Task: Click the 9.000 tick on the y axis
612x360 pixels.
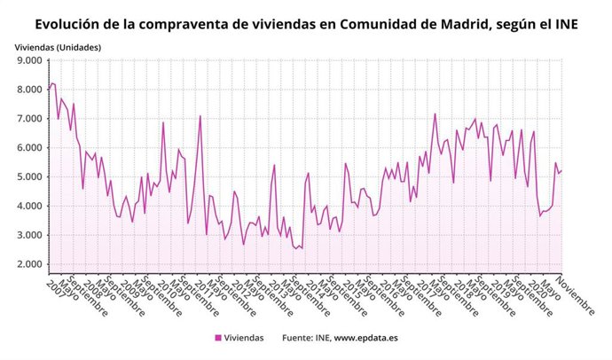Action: coord(29,61)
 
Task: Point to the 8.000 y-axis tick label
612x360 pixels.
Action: coord(29,90)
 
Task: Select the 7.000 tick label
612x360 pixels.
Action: coord(29,119)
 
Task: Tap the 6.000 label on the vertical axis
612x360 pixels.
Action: coord(29,148)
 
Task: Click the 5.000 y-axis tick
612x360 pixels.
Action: coord(29,177)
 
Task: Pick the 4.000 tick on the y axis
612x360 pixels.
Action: coord(29,207)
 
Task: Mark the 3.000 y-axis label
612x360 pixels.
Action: coord(29,236)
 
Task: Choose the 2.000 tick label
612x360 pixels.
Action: coord(29,264)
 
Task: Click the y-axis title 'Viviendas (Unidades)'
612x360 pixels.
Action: coord(58,46)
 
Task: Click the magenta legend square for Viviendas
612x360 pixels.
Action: coord(217,338)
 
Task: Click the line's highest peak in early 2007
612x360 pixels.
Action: coord(52,83)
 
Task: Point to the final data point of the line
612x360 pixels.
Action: coord(561,170)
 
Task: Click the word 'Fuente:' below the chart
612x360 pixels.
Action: coord(299,338)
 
